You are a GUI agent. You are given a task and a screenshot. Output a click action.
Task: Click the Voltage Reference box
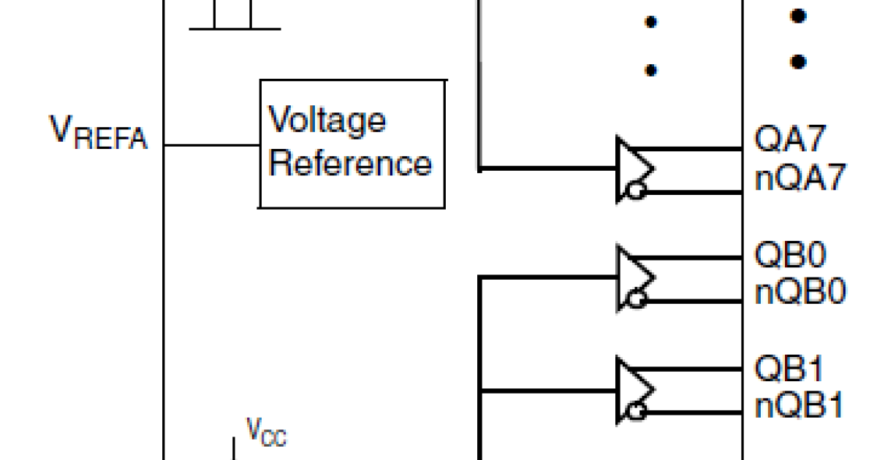(352, 144)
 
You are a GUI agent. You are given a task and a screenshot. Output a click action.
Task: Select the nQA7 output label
(800, 178)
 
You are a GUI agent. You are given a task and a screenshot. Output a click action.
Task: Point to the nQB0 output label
(800, 293)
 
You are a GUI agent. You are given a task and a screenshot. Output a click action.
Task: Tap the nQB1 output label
(800, 406)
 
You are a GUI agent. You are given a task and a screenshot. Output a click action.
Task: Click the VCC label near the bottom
(265, 432)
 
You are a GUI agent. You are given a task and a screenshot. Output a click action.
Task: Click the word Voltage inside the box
(327, 120)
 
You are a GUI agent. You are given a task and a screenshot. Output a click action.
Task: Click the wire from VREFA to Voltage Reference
(212, 145)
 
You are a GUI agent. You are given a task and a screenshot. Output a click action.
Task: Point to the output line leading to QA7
(694, 149)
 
